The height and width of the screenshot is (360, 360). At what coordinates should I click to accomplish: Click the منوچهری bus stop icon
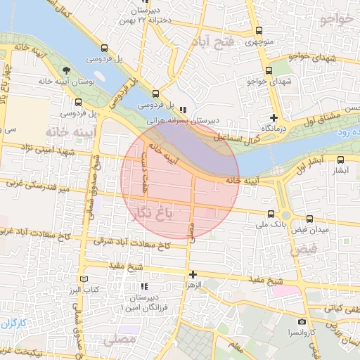[x=259, y=30]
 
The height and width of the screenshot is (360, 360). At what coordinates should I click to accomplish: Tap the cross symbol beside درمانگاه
[x=274, y=118]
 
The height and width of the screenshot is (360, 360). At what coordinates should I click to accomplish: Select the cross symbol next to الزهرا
[x=192, y=274]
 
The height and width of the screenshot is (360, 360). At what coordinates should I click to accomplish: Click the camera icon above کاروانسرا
[x=303, y=321]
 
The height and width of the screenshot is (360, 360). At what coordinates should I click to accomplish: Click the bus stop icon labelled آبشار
[x=341, y=160]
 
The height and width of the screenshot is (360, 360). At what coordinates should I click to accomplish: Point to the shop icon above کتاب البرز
[x=91, y=278]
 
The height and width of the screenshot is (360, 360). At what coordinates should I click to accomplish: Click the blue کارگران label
[x=13, y=323]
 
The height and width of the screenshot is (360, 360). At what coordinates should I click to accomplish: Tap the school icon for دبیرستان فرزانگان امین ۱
[x=145, y=287]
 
